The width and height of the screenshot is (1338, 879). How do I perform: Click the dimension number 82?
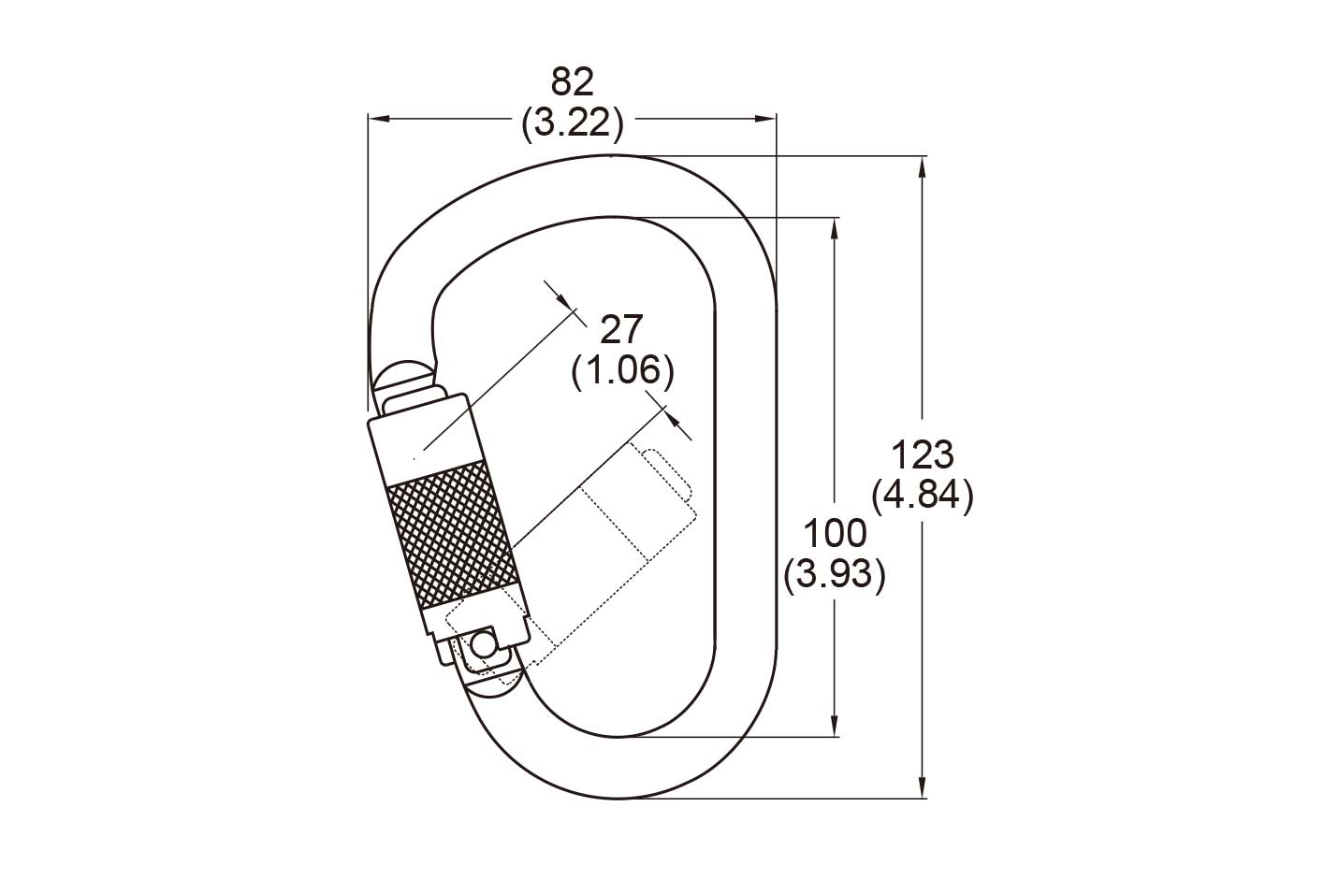coord(573,82)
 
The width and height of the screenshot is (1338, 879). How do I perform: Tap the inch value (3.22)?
coord(573,123)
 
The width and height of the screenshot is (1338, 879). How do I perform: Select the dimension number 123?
coord(923,455)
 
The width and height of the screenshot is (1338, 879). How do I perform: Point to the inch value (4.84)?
coord(923,496)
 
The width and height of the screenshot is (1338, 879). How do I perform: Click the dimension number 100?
coord(835,533)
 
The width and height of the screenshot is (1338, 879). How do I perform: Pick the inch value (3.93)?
coord(835,575)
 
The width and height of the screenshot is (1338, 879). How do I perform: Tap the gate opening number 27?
coord(621,329)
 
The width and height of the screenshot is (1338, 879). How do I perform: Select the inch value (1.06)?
coord(622,371)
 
